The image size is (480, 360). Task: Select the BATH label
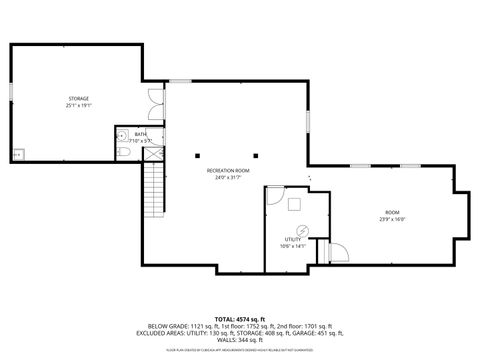pos(140,134)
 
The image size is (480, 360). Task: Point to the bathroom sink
pos(121,134)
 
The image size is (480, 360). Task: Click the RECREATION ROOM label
pos(228,171)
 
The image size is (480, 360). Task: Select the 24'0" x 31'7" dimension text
pos(228,178)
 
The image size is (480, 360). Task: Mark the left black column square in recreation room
pos(198,154)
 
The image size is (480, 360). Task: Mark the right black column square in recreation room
pos(256,154)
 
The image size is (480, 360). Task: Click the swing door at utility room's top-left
pos(273,195)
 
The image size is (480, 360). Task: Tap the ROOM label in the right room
pos(393,212)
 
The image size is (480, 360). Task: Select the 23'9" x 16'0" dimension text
pos(393,219)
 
